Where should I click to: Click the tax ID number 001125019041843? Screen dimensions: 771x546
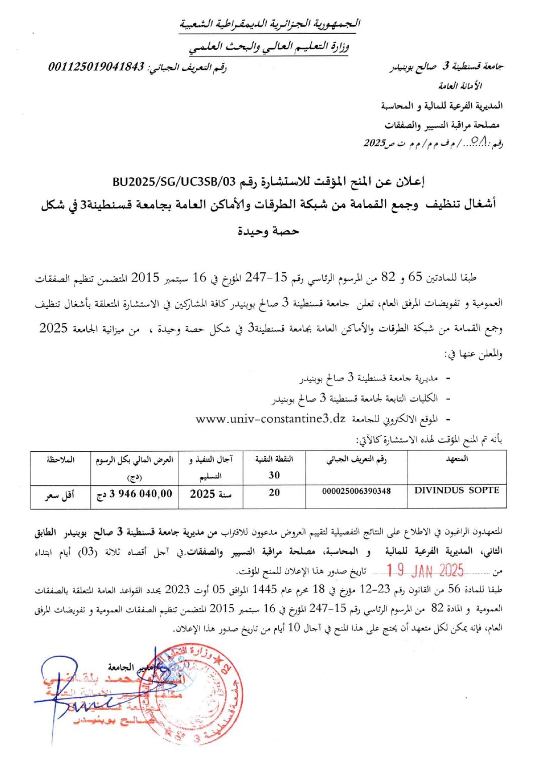(x=96, y=66)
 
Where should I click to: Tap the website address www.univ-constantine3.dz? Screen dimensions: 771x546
(x=271, y=419)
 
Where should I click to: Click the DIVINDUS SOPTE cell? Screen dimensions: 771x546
(x=457, y=490)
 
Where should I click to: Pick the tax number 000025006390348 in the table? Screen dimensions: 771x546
(x=356, y=491)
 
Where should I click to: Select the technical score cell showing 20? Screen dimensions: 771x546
(x=274, y=492)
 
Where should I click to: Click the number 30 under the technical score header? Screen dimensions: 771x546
(x=274, y=475)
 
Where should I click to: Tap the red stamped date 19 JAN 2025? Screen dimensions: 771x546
(x=425, y=570)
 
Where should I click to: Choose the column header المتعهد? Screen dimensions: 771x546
(x=457, y=459)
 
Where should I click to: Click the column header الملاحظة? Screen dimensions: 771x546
(x=60, y=459)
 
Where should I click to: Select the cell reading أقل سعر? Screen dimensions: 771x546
(x=60, y=495)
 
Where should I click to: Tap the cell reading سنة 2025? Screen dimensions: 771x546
(x=210, y=494)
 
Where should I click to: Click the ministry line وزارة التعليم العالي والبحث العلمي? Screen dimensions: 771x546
(x=269, y=47)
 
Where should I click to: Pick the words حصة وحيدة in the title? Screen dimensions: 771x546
(x=268, y=231)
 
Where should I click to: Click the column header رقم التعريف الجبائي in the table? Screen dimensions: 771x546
(x=356, y=459)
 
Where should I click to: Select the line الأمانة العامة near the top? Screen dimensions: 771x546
(x=460, y=86)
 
